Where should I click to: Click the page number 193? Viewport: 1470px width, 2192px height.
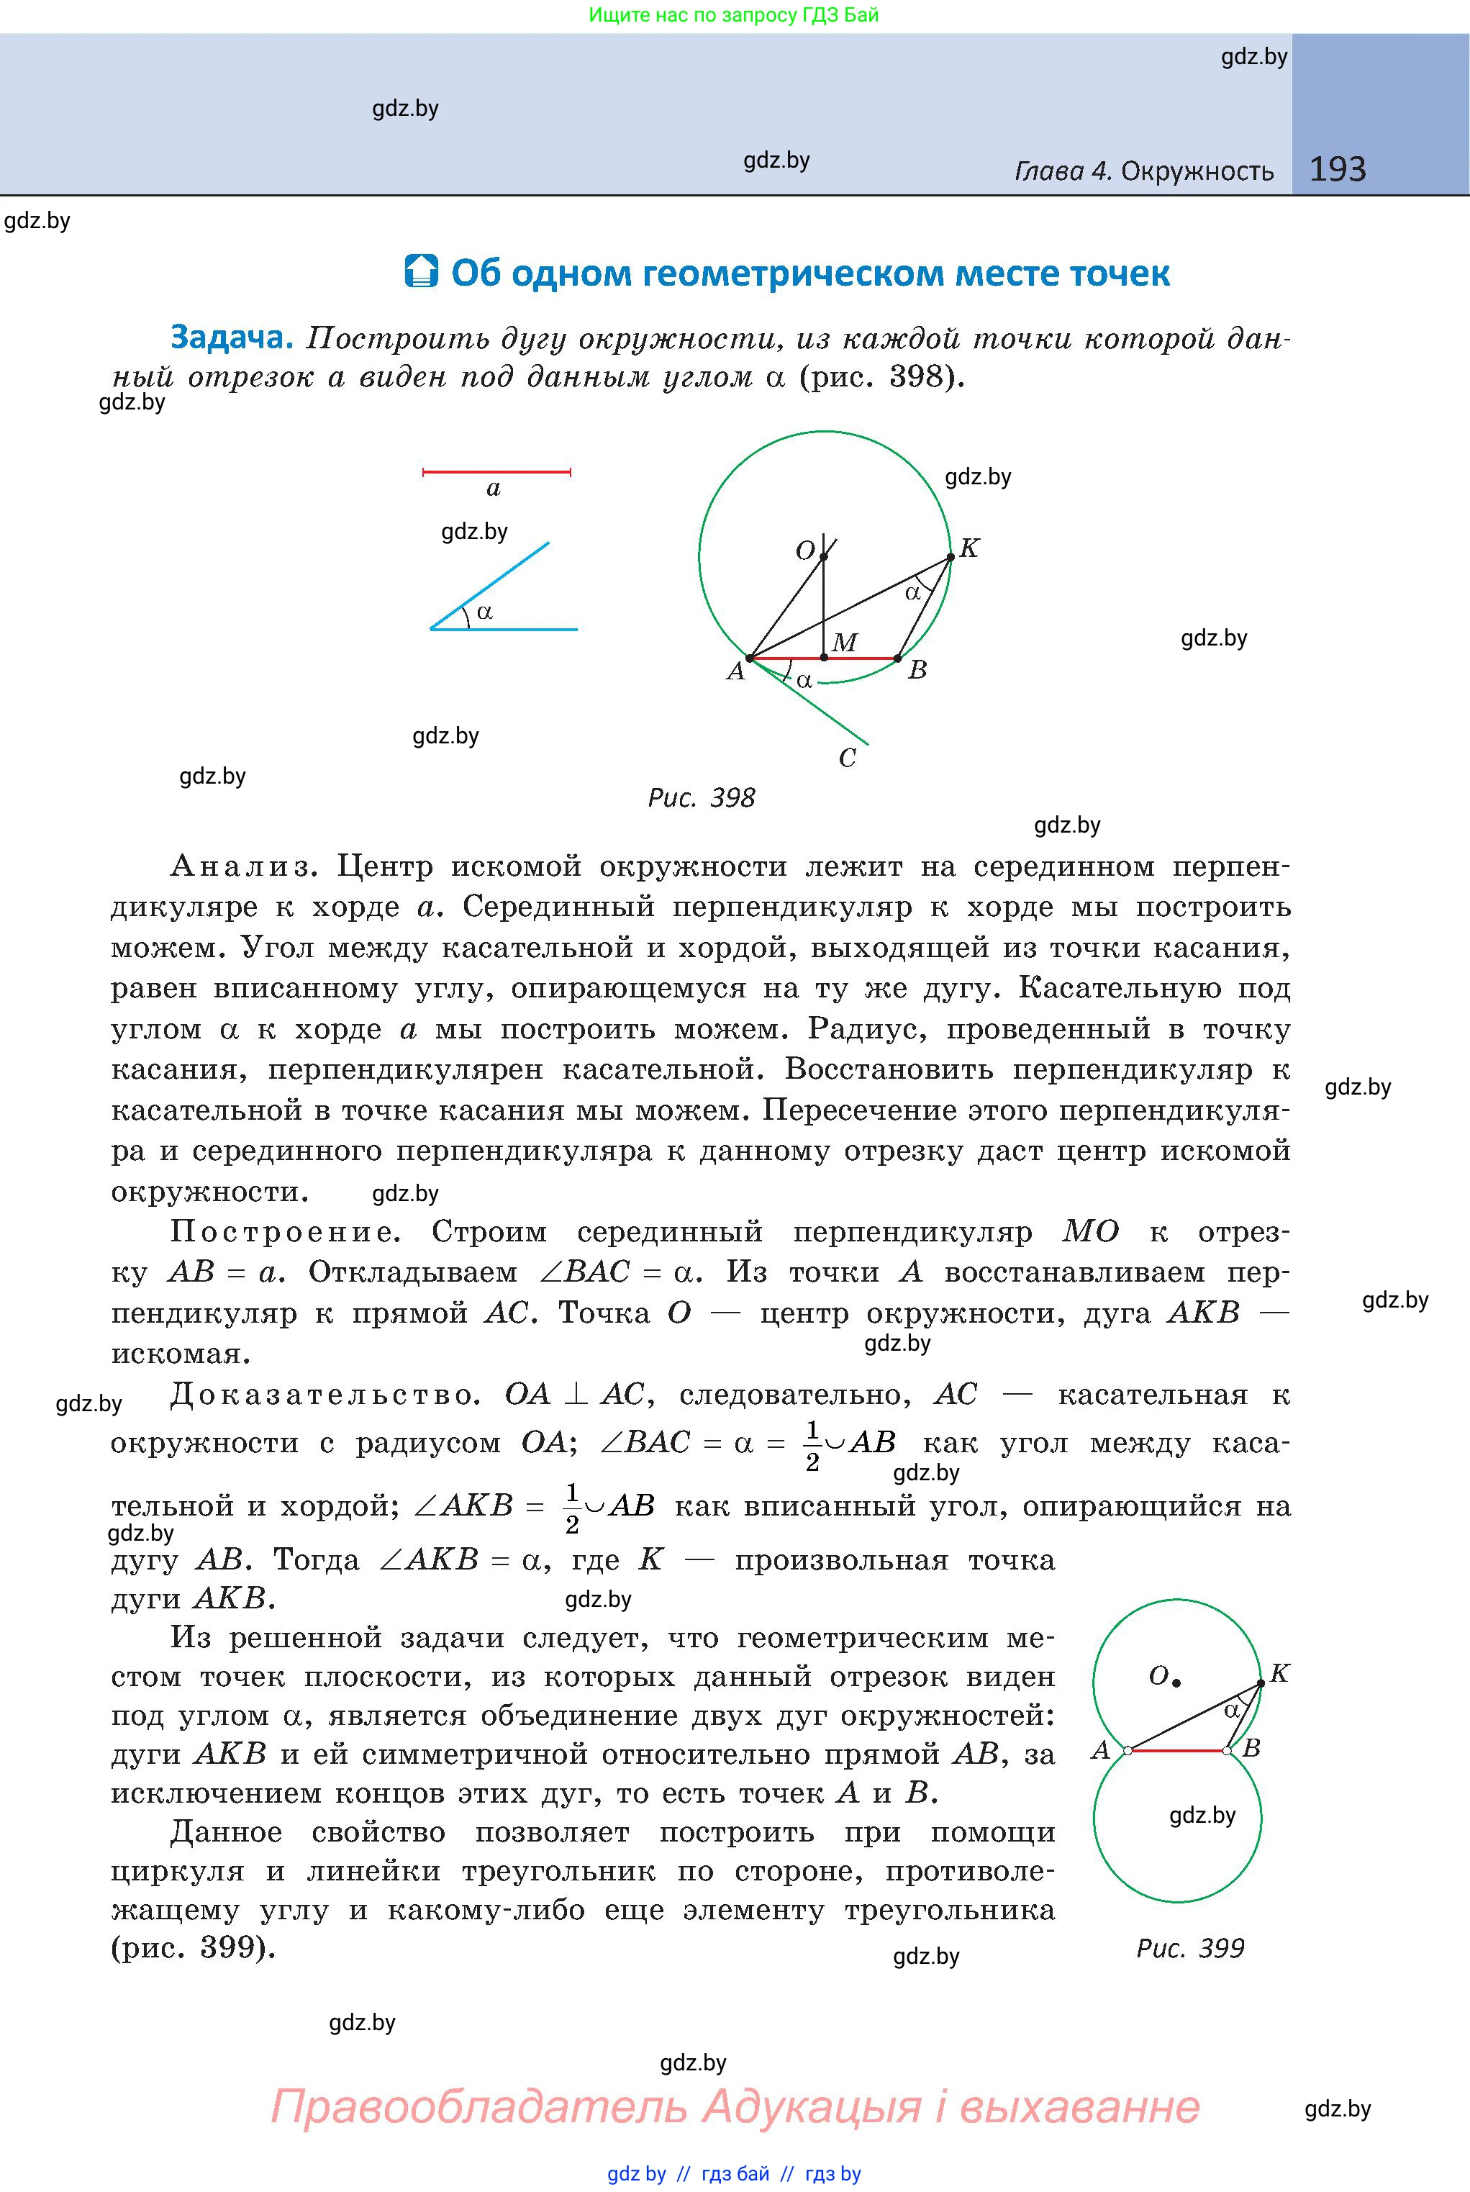click(x=1337, y=169)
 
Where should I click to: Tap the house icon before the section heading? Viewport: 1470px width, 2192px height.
click(x=421, y=271)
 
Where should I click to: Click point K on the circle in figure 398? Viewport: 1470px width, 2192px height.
click(x=950, y=557)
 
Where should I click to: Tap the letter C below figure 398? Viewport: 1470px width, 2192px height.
click(x=847, y=758)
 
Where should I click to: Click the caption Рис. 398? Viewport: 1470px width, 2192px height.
click(x=702, y=798)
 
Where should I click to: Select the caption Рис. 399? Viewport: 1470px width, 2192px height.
click(x=1189, y=1948)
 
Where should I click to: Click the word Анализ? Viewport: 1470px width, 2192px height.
click(x=240, y=866)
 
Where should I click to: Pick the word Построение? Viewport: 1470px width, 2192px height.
click(x=286, y=1231)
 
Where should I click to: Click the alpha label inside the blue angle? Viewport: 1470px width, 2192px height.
click(x=484, y=612)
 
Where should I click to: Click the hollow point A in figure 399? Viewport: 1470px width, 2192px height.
click(x=1128, y=1749)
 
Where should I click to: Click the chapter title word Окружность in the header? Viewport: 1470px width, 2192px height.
click(x=1197, y=171)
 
